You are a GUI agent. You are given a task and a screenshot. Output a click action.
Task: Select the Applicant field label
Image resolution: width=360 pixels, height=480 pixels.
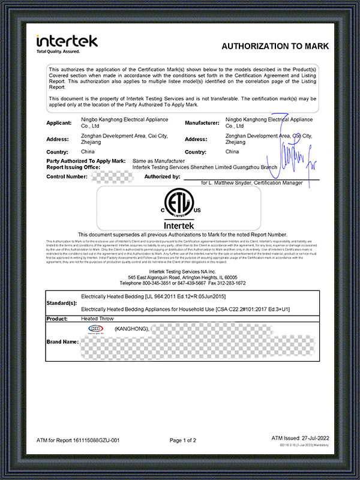coord(61,122)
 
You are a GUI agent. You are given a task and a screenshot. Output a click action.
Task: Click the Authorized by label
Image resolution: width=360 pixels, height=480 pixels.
coord(162,177)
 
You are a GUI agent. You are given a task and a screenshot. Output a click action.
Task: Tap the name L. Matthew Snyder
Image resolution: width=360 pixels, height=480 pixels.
coord(234,182)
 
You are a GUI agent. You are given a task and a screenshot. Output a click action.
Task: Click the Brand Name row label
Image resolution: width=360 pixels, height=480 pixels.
coord(62,341)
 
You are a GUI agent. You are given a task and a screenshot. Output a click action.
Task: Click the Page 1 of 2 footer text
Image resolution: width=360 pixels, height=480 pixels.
coord(183,440)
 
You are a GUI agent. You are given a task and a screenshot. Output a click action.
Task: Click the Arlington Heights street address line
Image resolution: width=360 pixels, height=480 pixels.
coord(179,277)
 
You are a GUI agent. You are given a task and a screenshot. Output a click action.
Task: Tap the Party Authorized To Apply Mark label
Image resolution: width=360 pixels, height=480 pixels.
coord(85,161)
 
